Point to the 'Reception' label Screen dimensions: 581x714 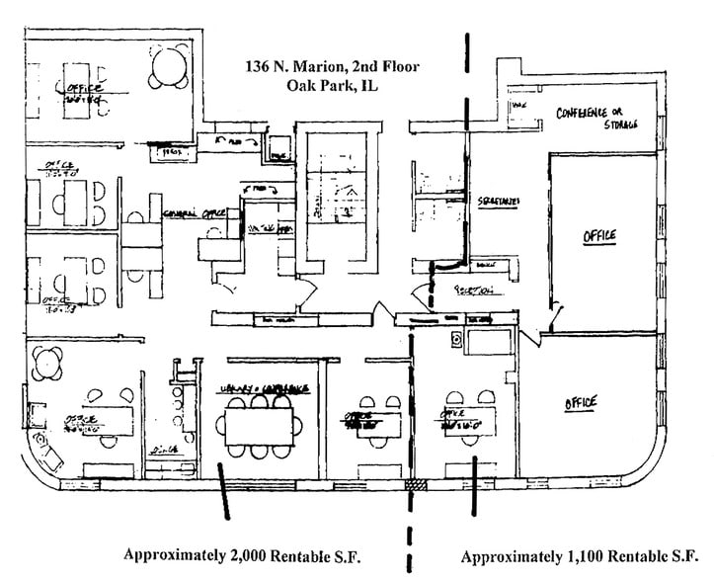pos(474,290)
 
